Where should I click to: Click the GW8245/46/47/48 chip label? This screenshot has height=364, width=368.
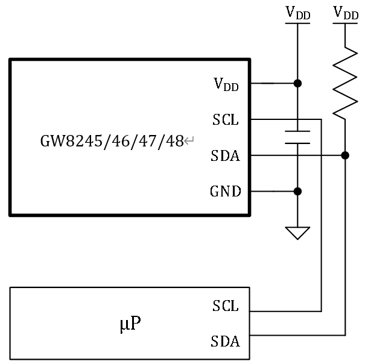coord(112,142)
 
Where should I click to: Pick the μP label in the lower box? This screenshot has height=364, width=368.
coord(130,324)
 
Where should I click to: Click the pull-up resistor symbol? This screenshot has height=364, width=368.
coord(345,82)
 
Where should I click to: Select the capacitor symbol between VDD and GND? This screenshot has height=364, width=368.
coord(297,137)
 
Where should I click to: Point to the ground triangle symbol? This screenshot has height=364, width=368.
coord(297,233)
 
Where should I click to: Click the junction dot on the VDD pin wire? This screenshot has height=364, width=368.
coord(297,83)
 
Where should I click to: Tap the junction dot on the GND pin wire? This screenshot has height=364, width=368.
coord(297,192)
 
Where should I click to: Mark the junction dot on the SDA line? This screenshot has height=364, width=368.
coord(345,155)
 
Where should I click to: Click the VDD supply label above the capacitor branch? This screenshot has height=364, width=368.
coord(297,12)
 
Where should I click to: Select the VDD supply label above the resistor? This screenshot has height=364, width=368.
coord(345,12)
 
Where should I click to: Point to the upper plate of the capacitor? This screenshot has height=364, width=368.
coord(297,131)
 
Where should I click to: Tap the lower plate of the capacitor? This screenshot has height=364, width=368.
coord(297,143)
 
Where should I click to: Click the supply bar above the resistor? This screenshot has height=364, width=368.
coord(345,23)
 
